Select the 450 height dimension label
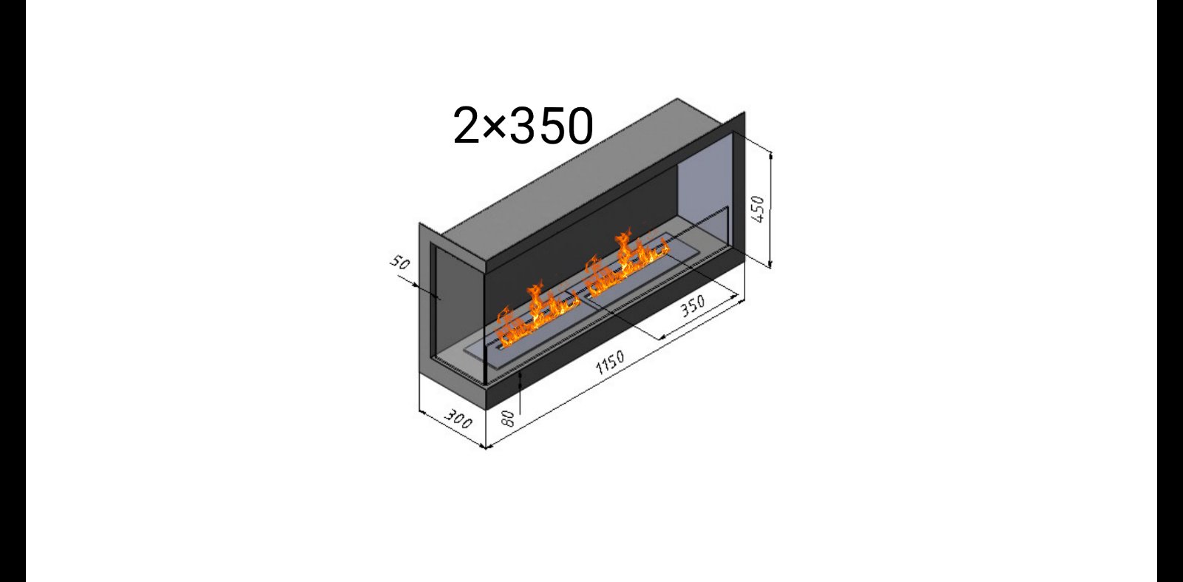click(x=758, y=209)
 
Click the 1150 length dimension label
click(x=610, y=362)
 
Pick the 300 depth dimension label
click(x=458, y=419)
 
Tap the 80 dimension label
click(x=507, y=419)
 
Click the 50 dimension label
click(x=400, y=262)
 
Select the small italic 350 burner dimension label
click(x=692, y=305)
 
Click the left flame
click(x=536, y=315)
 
